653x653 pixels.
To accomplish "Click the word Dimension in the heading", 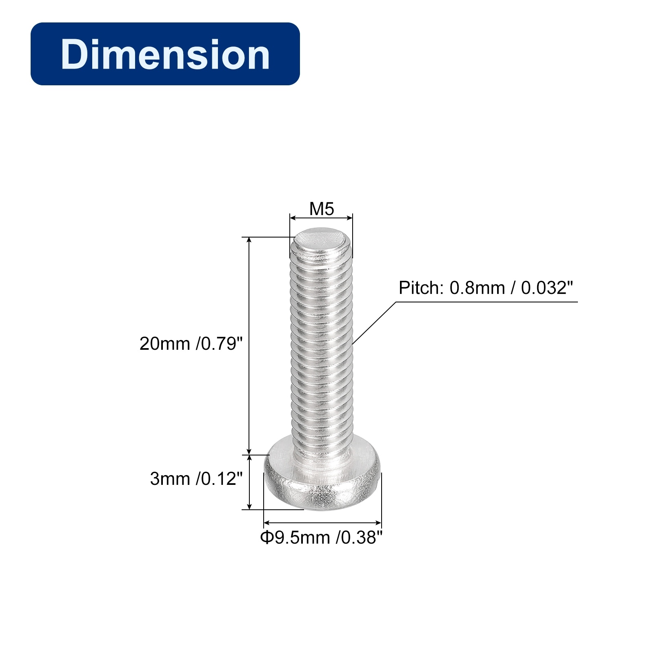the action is pyautogui.click(x=165, y=54).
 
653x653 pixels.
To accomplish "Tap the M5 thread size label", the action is pyautogui.click(x=322, y=209).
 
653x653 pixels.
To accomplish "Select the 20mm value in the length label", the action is pyautogui.click(x=164, y=344).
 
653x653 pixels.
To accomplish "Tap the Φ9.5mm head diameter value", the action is pyautogui.click(x=295, y=538).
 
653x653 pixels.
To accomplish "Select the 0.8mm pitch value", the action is pyautogui.click(x=477, y=288).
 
